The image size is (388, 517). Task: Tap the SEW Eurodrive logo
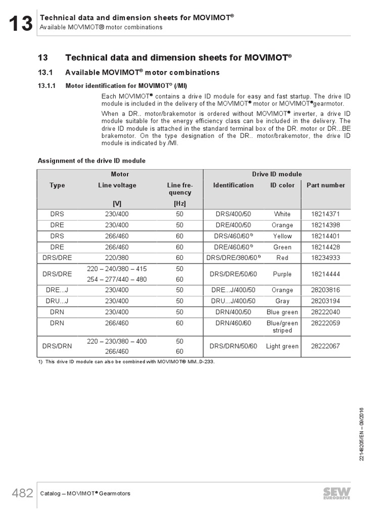pos(336,493)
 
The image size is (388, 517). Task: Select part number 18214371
pos(325,214)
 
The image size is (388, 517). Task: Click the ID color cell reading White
pos(282,214)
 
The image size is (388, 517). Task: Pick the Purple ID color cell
pos(282,274)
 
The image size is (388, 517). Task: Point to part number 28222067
pos(325,346)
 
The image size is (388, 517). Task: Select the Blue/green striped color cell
pos(282,327)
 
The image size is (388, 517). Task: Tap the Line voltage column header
pos(117,185)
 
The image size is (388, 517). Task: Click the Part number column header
pos(326,185)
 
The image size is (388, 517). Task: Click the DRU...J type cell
pos(57,301)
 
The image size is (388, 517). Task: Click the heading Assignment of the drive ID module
pos(91,161)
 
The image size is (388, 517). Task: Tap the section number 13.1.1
pos(48,85)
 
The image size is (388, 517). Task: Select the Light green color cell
pos(282,346)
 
